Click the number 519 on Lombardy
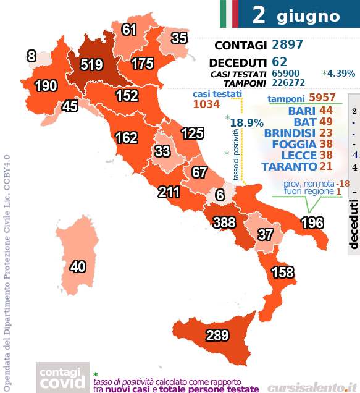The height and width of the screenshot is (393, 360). coord(91,64)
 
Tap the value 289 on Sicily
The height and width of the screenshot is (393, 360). coord(200,336)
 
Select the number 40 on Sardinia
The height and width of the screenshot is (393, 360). coord(77,267)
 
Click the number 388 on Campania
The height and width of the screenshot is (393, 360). coord(225,221)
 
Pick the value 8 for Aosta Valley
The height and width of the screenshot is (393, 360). coord(31,56)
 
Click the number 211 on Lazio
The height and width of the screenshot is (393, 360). coord(169,192)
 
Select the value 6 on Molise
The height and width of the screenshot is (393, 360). coord(219,195)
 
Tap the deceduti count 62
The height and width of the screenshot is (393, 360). coord(279,62)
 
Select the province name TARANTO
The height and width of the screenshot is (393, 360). coord(289,166)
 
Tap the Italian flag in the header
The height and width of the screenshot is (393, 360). coord(228,14)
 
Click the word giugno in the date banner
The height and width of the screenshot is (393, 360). coord(308,15)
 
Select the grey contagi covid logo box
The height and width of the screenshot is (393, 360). coord(61,378)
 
